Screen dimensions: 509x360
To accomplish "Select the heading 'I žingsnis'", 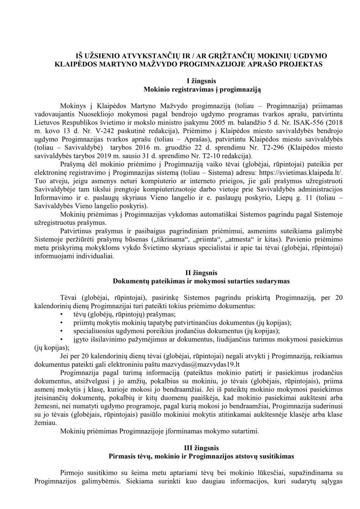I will [180, 80].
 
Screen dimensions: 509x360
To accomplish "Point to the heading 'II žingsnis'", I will [180, 273].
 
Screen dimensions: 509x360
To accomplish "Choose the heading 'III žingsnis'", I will [180, 448].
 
